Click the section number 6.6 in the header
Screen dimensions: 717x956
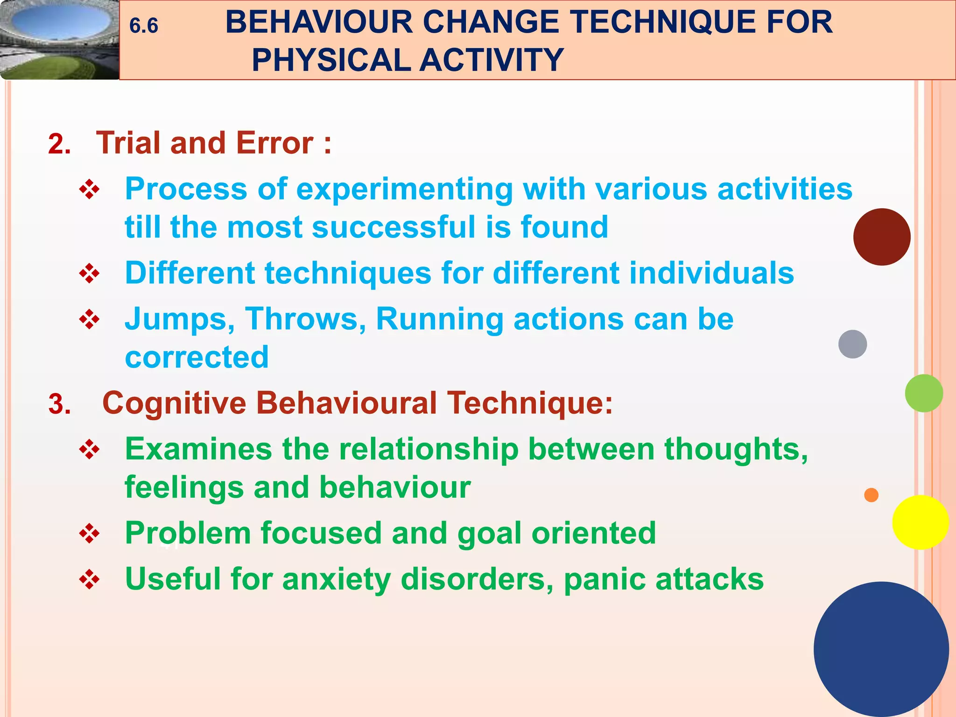(x=143, y=26)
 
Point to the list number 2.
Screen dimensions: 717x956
(x=59, y=144)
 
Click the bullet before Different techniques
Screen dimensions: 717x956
(x=89, y=274)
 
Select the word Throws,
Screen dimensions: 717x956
(x=305, y=319)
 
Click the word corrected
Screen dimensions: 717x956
(x=197, y=358)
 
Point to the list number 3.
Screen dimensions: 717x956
(x=59, y=404)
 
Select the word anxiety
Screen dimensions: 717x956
(x=336, y=579)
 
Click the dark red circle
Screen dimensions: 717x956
(x=881, y=237)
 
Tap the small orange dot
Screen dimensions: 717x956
(x=871, y=495)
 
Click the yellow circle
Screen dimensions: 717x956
(x=920, y=522)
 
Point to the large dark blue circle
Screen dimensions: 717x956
(x=881, y=649)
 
